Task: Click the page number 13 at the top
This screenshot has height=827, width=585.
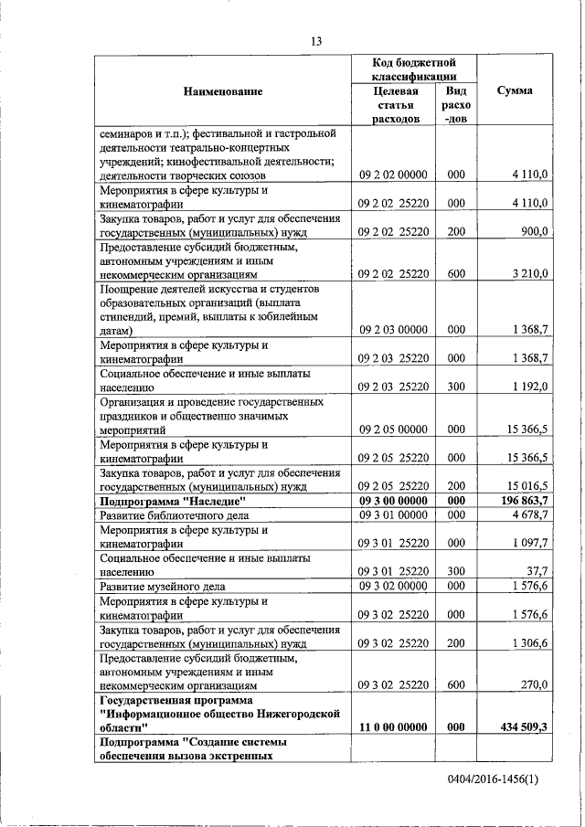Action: click(316, 41)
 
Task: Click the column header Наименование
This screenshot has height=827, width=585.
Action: click(223, 91)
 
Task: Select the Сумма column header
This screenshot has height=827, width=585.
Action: click(515, 91)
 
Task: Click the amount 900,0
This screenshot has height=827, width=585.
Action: click(533, 232)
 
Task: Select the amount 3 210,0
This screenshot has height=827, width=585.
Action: click(528, 273)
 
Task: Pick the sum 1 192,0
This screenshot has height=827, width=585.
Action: click(529, 387)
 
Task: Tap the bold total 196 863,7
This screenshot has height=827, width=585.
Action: click(524, 501)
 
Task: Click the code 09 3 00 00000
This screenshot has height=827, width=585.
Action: click(393, 501)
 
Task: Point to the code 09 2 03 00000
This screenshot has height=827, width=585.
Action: click(393, 329)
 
